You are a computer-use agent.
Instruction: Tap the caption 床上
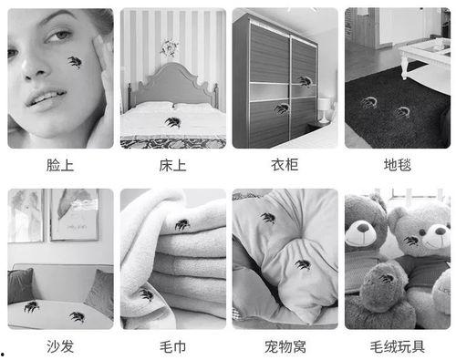[x=172, y=165]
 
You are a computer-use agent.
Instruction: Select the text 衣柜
[x=285, y=165]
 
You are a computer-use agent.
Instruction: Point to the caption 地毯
[x=397, y=165]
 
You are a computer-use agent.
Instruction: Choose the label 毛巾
[x=172, y=346]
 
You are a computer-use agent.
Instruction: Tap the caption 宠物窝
[x=285, y=346]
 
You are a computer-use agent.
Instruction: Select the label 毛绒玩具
[x=397, y=346]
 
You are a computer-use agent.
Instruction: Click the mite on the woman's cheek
[x=74, y=62]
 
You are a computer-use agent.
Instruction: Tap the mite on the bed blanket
[x=171, y=121]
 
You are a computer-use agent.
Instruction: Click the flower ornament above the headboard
[x=170, y=46]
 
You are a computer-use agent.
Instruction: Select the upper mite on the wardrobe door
[x=303, y=80]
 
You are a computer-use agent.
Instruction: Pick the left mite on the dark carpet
[x=368, y=102]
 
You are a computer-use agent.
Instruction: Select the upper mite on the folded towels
[x=182, y=223]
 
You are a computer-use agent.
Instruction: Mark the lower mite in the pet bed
[x=302, y=265]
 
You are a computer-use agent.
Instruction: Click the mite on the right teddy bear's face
[x=411, y=241]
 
